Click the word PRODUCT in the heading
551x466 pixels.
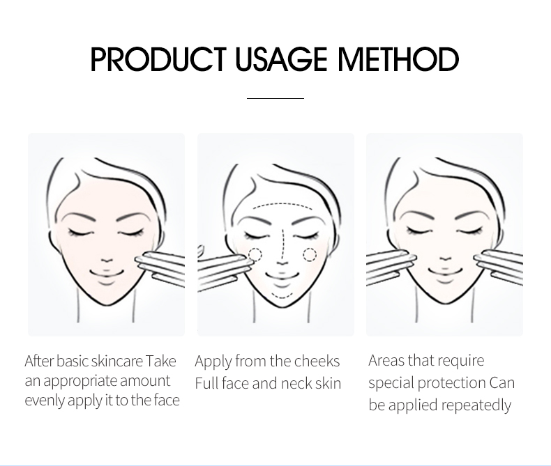[x=158, y=59]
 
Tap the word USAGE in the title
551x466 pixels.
[x=281, y=59]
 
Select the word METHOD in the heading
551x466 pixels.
[x=398, y=59]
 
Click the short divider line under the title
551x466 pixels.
[x=275, y=99]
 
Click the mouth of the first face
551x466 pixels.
[x=107, y=273]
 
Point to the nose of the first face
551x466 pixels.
[x=107, y=261]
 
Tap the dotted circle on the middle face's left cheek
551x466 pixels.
[x=255, y=254]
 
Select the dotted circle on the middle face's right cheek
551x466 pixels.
[x=310, y=254]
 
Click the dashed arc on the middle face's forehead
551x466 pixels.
[x=282, y=204]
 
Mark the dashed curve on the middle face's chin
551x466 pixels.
[x=282, y=296]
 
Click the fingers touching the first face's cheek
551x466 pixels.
[x=160, y=267]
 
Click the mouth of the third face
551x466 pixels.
[x=445, y=272]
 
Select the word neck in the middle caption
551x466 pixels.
[x=296, y=383]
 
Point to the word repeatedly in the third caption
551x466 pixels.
[x=476, y=405]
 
